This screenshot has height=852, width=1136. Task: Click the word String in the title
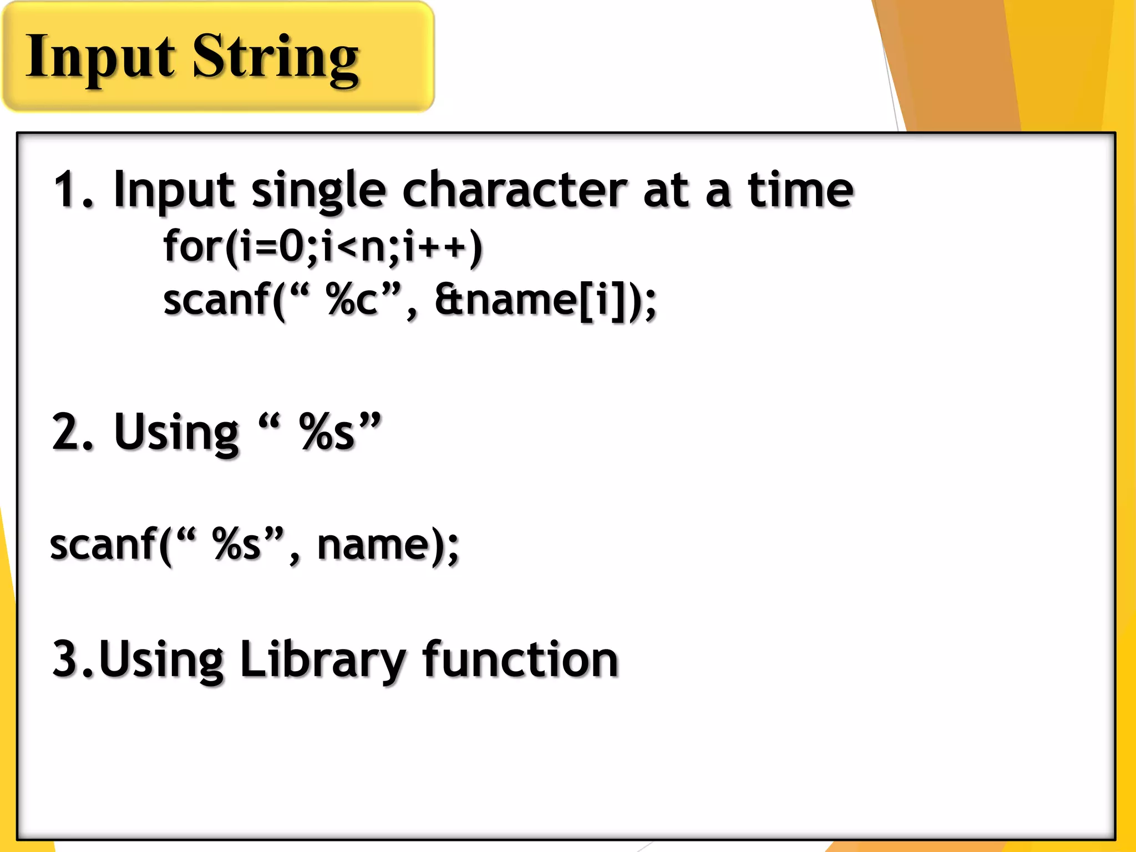pos(276,59)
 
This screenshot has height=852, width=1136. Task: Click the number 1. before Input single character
pos(72,190)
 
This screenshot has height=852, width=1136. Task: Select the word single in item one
pos(318,192)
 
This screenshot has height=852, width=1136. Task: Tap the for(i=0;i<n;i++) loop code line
pos(323,246)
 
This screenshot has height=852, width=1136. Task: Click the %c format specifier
pos(352,300)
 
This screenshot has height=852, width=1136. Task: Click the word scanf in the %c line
pos(216,300)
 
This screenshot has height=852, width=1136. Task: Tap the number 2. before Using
pos(72,432)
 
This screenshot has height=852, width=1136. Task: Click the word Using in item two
pos(176,433)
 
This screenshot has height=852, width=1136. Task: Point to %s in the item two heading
pos(327,432)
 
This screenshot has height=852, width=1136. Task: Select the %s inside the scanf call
pos(236,545)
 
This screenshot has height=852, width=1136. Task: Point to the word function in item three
pos(520,660)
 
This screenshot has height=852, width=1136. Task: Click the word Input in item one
pos(173,192)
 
